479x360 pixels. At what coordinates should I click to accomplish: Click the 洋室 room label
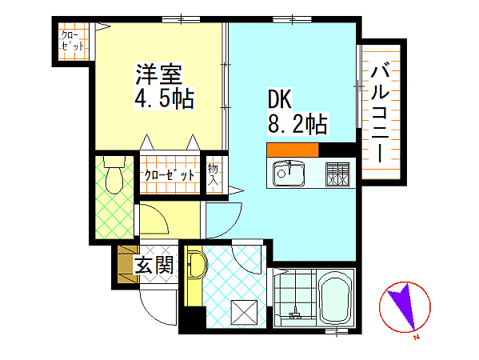[159, 74]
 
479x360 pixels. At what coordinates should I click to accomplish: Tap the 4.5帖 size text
[165, 98]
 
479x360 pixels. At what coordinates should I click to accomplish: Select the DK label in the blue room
[280, 98]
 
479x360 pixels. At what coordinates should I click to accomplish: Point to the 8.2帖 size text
[297, 123]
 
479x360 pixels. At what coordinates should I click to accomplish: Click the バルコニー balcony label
[380, 111]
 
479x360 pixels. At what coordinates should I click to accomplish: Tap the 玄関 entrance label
[154, 265]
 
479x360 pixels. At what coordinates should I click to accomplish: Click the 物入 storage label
[213, 175]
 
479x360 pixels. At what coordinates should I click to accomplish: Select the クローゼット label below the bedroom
[170, 175]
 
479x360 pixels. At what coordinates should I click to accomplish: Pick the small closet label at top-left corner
[73, 41]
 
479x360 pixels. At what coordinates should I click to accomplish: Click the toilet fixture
[114, 175]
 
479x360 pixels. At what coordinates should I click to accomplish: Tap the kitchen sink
[289, 174]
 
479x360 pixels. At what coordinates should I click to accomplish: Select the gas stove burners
[337, 174]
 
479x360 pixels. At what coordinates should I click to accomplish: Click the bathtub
[335, 298]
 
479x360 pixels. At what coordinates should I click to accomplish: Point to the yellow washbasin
[197, 265]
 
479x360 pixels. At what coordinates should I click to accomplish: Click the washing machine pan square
[244, 312]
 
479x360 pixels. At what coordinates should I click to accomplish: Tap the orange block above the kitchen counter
[293, 150]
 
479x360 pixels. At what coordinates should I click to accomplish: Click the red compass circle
[405, 307]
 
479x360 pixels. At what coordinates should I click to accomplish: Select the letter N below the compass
[416, 338]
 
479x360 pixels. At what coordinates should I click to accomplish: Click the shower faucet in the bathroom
[295, 314]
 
